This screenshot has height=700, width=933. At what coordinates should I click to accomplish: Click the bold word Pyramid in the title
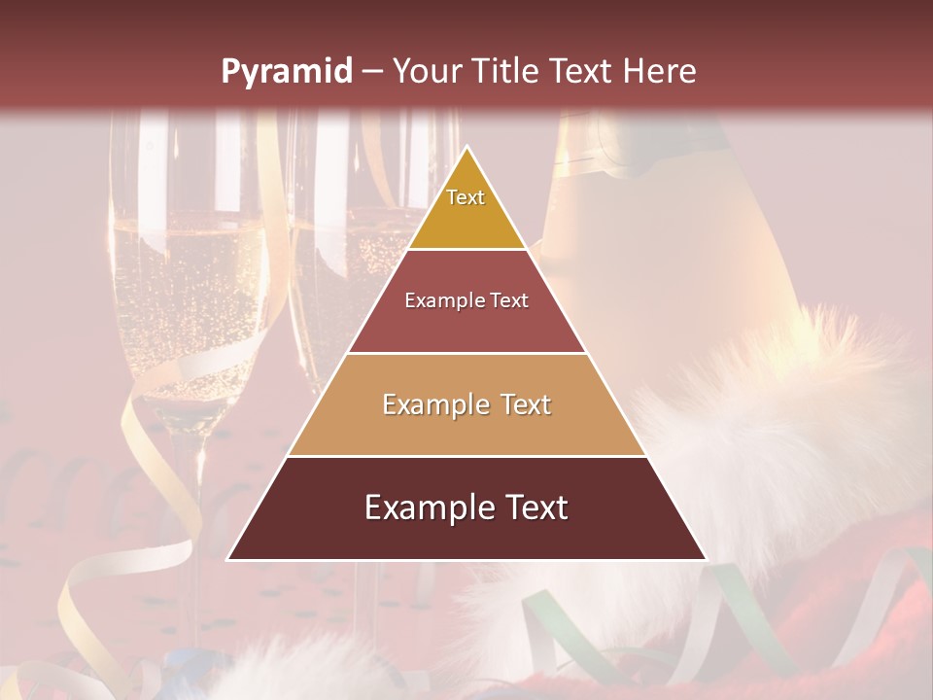pos(286,72)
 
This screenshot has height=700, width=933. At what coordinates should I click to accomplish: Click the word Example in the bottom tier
pos(424,507)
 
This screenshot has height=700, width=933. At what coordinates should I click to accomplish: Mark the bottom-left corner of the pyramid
pos(228,559)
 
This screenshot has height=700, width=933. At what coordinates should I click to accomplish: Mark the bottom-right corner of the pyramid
pos(706,559)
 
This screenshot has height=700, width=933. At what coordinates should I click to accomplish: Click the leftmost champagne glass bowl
pos(185,292)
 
